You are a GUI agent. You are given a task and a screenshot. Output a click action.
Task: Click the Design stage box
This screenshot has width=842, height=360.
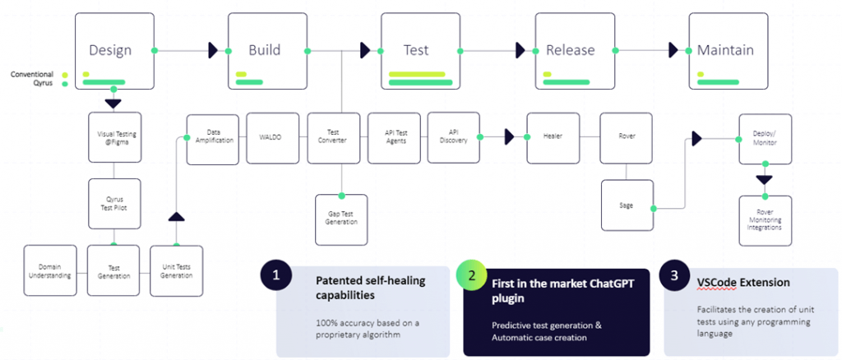(x=114, y=50)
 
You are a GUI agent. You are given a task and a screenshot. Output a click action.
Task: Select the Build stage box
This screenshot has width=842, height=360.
(x=267, y=50)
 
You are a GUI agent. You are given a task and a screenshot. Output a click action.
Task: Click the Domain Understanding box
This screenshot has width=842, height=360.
(x=50, y=270)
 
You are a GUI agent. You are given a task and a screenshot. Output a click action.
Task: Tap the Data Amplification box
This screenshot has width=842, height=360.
(x=214, y=137)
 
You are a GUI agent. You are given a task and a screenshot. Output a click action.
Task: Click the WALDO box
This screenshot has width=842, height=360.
(x=273, y=137)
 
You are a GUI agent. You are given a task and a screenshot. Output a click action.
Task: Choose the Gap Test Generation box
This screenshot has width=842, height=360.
(x=342, y=219)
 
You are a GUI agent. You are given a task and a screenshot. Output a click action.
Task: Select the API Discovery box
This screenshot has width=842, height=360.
(x=453, y=137)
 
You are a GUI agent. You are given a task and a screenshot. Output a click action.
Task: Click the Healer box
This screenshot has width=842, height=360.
(x=553, y=137)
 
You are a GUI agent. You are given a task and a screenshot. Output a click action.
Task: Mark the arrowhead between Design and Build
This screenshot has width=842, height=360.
(x=213, y=51)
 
